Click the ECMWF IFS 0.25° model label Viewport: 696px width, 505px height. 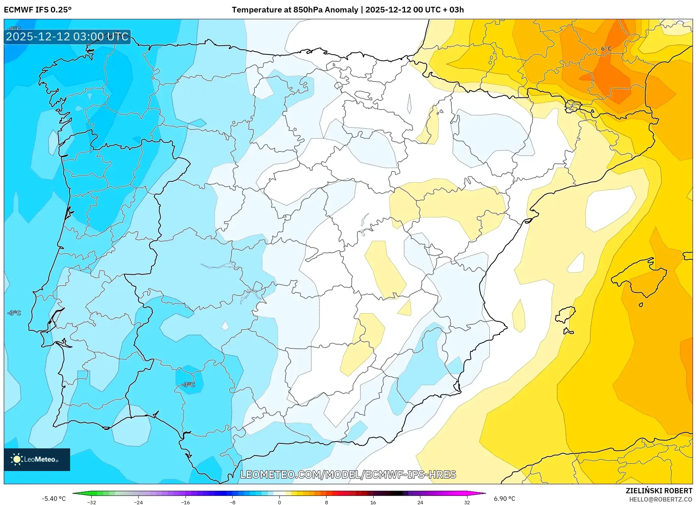[38, 10]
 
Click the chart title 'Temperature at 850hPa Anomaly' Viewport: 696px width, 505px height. [294, 10]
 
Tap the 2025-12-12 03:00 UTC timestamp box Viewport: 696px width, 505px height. [67, 37]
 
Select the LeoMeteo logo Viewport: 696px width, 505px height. [37, 459]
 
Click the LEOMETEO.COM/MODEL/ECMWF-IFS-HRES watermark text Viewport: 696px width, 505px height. [348, 474]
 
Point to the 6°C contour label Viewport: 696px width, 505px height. [606, 49]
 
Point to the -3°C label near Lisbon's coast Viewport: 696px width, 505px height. [14, 313]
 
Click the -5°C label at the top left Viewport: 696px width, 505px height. [15, 29]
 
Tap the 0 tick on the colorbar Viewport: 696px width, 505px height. [279, 502]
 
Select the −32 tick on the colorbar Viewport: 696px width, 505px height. [91, 502]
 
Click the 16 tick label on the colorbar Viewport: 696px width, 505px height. [373, 502]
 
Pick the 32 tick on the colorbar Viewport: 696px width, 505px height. [467, 502]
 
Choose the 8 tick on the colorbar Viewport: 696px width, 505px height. [326, 502]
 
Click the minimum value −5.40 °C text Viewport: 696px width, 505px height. [54, 499]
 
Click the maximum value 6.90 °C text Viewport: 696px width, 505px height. [504, 499]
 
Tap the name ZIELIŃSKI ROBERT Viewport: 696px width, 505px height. [659, 491]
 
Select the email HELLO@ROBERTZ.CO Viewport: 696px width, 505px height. [660, 499]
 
